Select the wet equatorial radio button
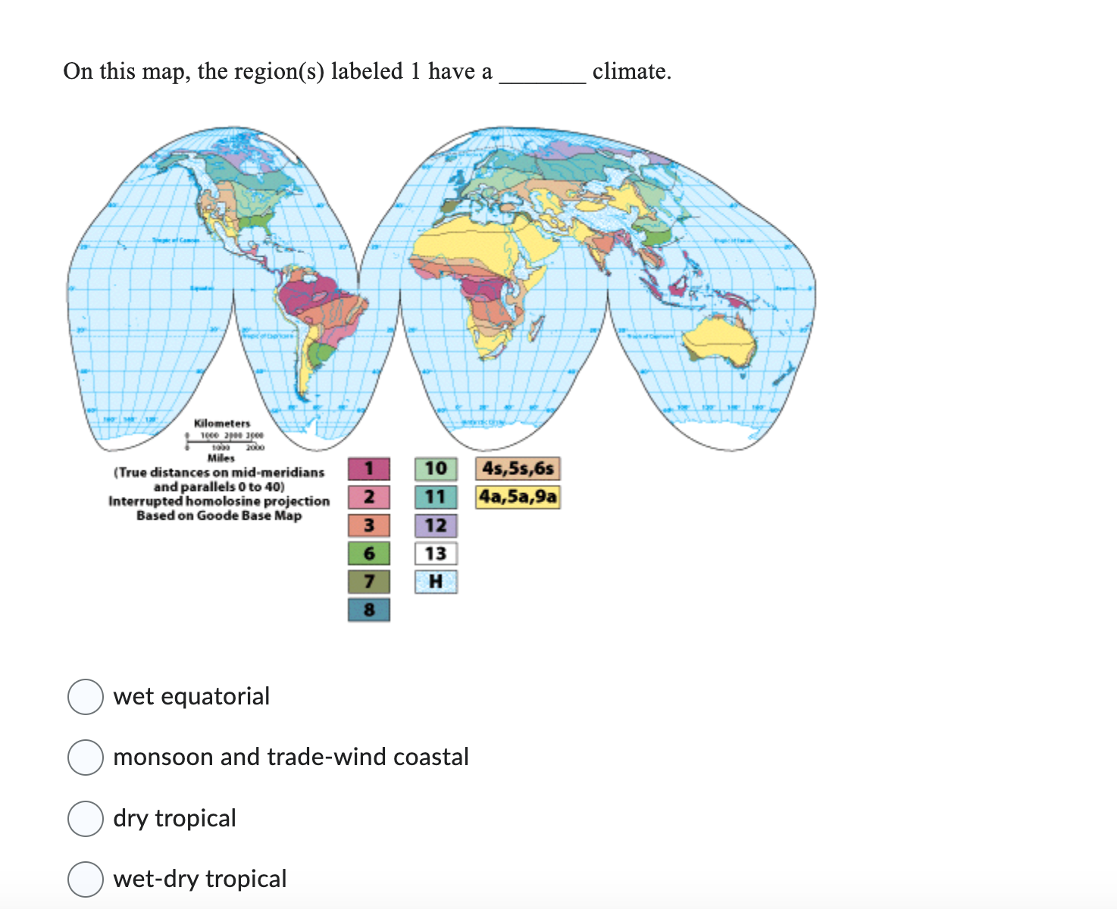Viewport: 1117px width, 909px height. point(86,697)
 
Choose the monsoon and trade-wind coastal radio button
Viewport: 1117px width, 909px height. point(86,757)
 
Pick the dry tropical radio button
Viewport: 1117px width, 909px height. point(86,819)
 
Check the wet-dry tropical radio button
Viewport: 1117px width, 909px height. point(86,879)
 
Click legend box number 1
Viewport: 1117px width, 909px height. point(369,469)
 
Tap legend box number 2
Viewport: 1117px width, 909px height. point(369,497)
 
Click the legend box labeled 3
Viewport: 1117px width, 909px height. point(369,525)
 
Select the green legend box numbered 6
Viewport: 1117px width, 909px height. point(369,554)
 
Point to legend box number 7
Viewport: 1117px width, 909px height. point(369,582)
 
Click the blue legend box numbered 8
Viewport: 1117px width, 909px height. point(369,610)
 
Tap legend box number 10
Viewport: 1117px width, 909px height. point(436,469)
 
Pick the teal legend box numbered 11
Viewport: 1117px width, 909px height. point(436,497)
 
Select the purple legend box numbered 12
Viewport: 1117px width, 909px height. point(436,525)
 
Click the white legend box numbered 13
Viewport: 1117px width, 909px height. point(436,554)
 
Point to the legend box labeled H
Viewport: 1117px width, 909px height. point(436,582)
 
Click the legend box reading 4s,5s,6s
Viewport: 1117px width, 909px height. point(518,469)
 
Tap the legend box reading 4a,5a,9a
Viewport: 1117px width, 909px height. point(518,497)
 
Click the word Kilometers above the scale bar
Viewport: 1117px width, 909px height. point(222,423)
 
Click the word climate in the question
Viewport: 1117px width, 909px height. point(631,71)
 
